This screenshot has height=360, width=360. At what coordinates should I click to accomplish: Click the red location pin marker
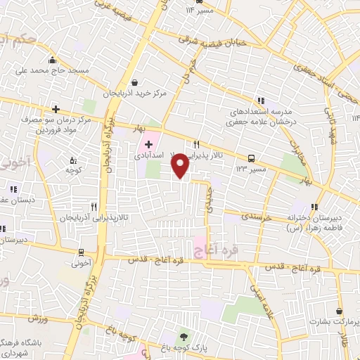tap(181, 165)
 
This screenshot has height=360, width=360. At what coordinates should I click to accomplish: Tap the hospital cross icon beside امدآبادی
tap(139, 144)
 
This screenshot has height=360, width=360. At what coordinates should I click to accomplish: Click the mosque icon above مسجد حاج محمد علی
tap(51, 59)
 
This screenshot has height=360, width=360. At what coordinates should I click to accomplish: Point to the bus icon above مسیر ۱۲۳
tap(252, 158)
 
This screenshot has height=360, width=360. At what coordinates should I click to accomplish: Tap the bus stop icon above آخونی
tap(82, 252)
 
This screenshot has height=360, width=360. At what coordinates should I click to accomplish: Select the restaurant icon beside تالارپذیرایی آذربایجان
tap(94, 207)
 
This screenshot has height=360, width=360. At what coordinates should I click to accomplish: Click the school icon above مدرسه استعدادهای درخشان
tap(262, 101)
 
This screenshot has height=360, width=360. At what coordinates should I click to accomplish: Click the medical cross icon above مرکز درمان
tap(56, 109)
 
